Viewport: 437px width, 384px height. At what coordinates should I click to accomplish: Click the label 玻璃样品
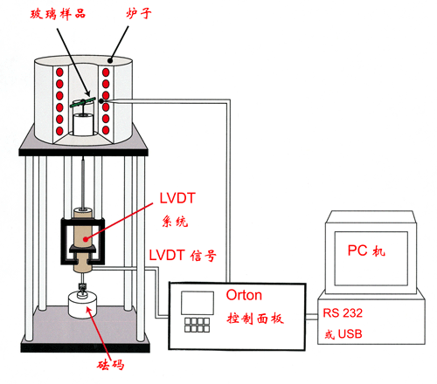[58, 14]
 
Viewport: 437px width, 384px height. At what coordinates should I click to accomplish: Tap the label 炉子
[139, 13]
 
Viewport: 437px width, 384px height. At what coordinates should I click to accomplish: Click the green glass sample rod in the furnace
[83, 102]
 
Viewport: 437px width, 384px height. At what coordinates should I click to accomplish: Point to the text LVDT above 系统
[177, 198]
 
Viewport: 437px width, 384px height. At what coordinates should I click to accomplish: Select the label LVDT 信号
[183, 256]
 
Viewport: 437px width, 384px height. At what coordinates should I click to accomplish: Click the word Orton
[244, 295]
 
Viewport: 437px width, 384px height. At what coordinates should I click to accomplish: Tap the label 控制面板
[255, 319]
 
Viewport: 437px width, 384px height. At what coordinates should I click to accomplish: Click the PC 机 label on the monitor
[366, 250]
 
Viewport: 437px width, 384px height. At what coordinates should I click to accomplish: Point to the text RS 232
[343, 313]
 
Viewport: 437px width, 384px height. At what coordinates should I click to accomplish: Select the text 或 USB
[343, 334]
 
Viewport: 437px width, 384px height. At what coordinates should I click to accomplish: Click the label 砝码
[111, 365]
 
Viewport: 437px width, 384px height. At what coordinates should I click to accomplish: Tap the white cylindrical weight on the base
[83, 305]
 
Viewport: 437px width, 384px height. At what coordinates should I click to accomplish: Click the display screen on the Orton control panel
[198, 303]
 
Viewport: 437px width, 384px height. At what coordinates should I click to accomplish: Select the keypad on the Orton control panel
[197, 325]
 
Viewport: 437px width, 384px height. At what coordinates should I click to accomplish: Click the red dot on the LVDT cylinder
[86, 239]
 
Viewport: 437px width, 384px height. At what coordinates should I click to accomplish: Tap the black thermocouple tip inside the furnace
[101, 101]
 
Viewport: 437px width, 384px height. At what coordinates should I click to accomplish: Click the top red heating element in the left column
[59, 72]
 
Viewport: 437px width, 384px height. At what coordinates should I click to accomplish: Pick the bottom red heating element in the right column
[106, 130]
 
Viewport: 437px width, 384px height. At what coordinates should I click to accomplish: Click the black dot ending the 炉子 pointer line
[110, 61]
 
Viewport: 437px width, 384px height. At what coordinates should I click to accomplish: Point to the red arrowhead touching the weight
[89, 310]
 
